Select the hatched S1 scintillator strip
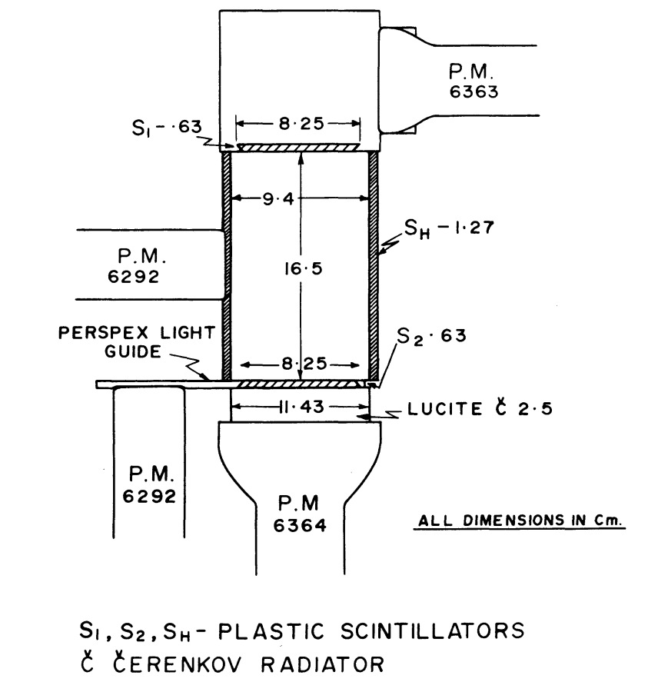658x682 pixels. [298, 147]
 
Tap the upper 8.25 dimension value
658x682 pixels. [298, 123]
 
